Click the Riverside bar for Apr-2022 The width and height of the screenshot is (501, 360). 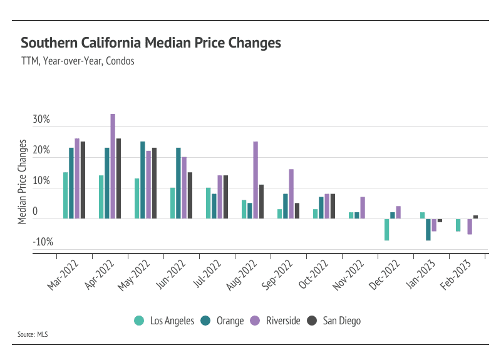pyautogui.click(x=113, y=166)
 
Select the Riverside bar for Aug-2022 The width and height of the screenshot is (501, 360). pyautogui.click(x=256, y=180)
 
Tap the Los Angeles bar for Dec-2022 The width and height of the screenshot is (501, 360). pyautogui.click(x=386, y=229)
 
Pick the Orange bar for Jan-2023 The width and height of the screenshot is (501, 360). pyautogui.click(x=428, y=229)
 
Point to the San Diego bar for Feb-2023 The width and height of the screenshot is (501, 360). pyautogui.click(x=475, y=217)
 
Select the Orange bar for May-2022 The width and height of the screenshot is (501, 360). pyautogui.click(x=143, y=180)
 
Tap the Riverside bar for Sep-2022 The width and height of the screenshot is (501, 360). pyautogui.click(x=291, y=193)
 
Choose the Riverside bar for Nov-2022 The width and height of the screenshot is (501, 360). pyautogui.click(x=363, y=207)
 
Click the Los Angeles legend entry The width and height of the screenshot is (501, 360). pyautogui.click(x=165, y=321)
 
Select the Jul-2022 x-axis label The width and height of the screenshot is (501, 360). pyautogui.click(x=208, y=275)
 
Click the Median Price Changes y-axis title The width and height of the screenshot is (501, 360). pyautogui.click(x=23, y=182)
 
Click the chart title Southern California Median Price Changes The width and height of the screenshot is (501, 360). pyautogui.click(x=151, y=43)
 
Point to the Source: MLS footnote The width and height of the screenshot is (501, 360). pyautogui.click(x=33, y=334)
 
